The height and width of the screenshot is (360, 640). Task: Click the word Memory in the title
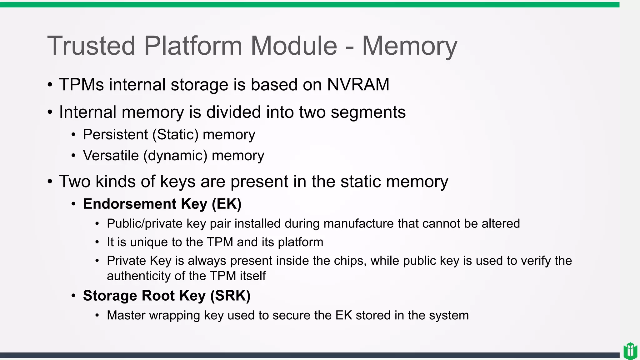(x=409, y=46)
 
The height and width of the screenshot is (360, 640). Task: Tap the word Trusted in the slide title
(x=91, y=46)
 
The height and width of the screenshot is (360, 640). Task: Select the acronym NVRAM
(x=358, y=85)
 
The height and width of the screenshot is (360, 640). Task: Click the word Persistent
(x=115, y=135)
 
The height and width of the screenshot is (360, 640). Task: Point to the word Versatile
(x=111, y=156)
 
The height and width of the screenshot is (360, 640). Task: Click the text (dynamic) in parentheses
(x=175, y=156)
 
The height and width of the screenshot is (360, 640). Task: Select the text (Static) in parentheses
(x=175, y=135)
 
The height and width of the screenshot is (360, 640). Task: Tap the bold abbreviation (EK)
(x=227, y=204)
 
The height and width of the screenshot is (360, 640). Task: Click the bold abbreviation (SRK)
(x=230, y=296)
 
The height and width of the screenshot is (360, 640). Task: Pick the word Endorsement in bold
(x=129, y=204)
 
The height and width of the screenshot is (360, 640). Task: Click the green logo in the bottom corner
(x=630, y=351)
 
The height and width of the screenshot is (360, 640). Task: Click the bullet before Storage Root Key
(x=73, y=296)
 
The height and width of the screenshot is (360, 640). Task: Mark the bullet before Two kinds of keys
(x=50, y=182)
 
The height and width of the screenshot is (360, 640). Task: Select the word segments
(x=368, y=112)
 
